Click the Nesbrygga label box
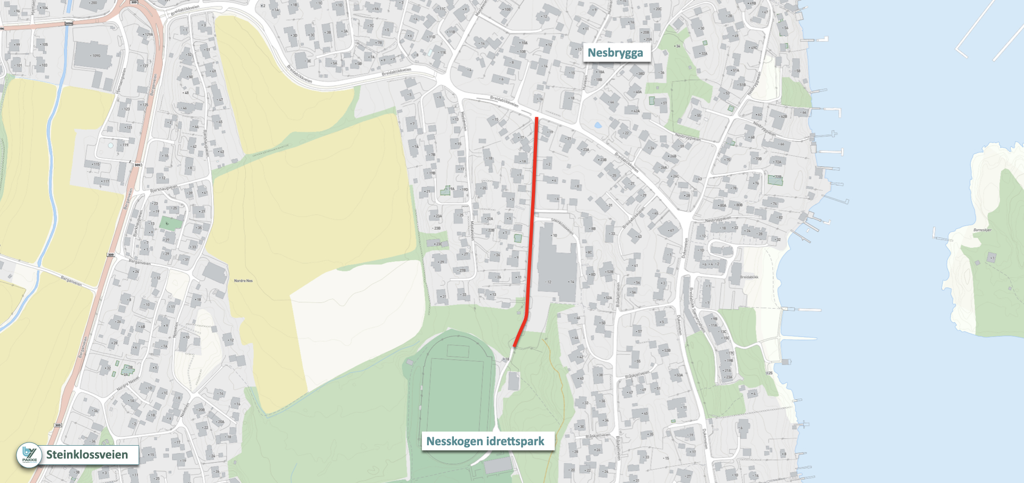[x=615, y=53]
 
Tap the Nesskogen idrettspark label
[x=485, y=441]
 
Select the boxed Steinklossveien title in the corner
[x=87, y=455]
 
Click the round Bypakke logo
[x=29, y=455]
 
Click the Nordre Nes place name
[x=243, y=280]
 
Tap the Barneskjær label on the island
[x=982, y=230]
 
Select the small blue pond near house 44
[x=598, y=126]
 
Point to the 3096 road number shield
[x=68, y=23]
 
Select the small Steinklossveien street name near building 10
[x=562, y=226]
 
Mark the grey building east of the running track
[x=513, y=381]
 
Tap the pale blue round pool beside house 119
[x=110, y=145]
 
